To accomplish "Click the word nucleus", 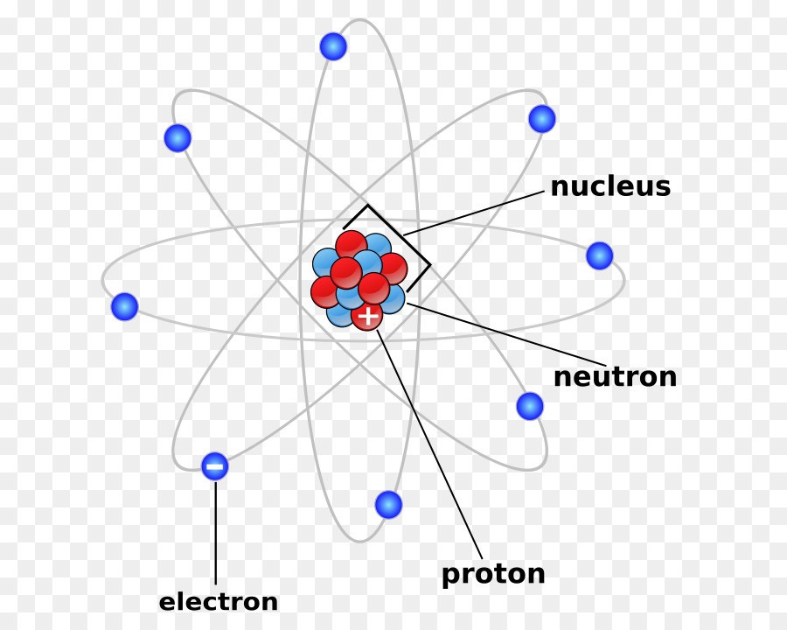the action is (610, 186).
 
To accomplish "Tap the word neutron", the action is (615, 377).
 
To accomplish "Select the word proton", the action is (493, 574).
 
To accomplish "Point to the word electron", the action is (219, 602).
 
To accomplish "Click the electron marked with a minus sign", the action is (215, 466).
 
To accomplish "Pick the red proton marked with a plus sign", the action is (367, 316).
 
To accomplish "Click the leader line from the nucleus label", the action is (474, 213).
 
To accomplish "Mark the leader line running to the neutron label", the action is (506, 334).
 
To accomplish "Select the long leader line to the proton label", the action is (429, 444).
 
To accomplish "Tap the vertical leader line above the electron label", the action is (216, 533).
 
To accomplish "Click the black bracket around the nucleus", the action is (387, 248).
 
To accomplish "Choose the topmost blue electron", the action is (333, 46).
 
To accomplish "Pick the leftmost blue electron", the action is (124, 306).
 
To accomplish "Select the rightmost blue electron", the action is (599, 255).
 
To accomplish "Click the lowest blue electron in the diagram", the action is (388, 504).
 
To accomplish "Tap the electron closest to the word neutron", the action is (530, 406).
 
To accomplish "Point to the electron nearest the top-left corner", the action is (178, 137).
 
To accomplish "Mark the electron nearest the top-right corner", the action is (542, 119).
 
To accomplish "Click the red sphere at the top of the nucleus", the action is (352, 245).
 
